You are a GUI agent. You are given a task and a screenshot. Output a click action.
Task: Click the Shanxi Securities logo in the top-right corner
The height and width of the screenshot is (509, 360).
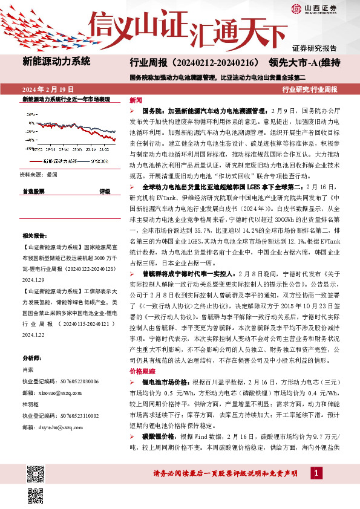point(315,8)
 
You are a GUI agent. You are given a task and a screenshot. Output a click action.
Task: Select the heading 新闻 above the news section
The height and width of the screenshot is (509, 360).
point(136,100)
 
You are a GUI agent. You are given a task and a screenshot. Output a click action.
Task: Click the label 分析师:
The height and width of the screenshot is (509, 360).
point(32,358)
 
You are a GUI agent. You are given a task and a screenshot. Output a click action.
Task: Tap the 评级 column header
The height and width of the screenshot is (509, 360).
point(104,191)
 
